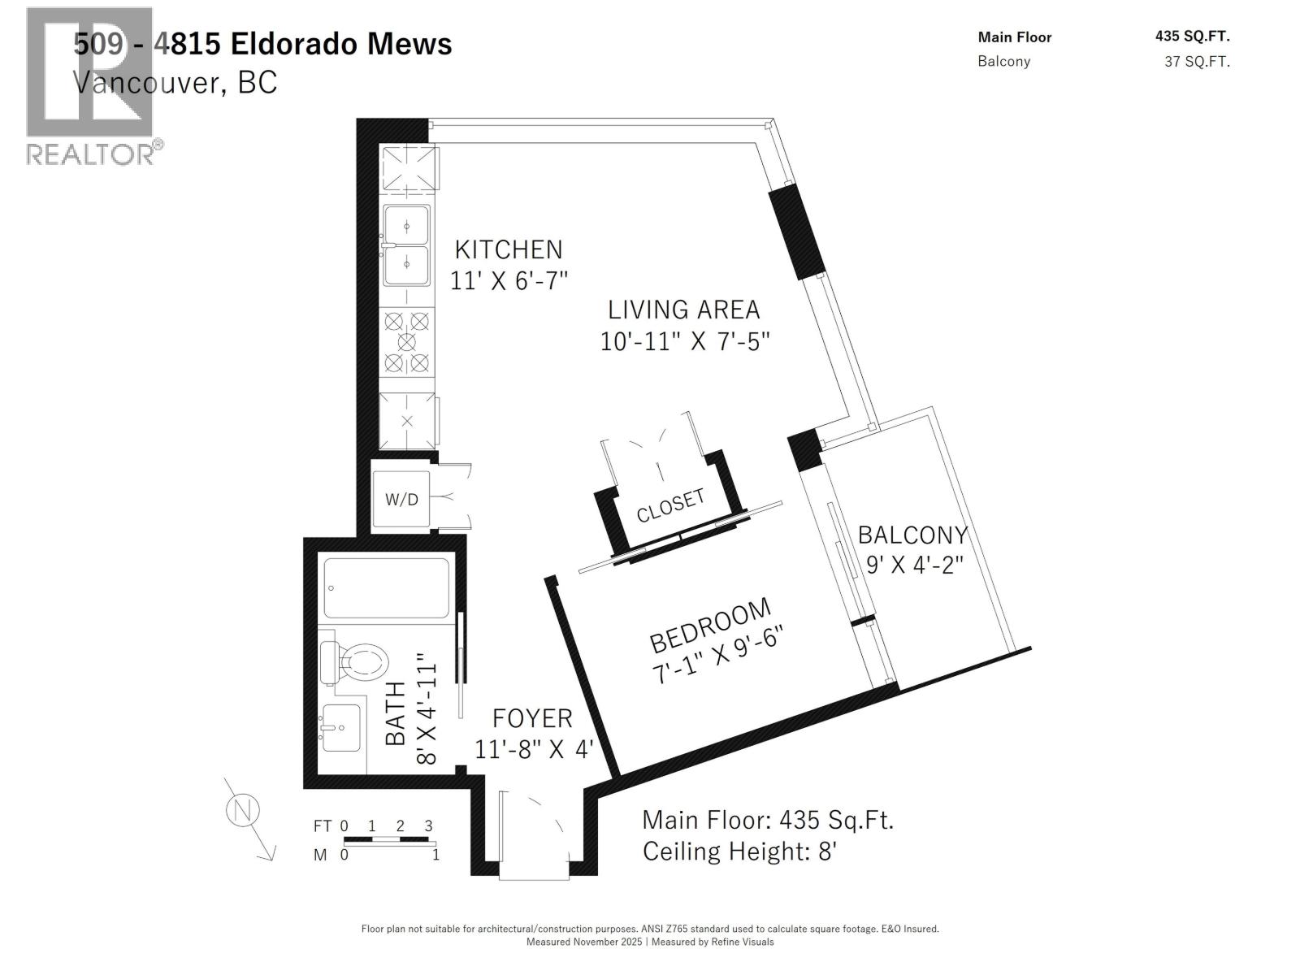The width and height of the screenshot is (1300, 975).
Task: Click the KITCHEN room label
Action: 508,249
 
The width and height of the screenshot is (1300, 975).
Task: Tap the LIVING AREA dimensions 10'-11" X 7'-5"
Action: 684,341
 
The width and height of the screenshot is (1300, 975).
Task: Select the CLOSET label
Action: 670,505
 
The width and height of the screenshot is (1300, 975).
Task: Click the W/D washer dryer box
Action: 401,499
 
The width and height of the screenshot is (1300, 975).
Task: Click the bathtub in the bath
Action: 386,587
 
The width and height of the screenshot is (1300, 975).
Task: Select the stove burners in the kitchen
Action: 407,342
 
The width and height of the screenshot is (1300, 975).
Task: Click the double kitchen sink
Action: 406,245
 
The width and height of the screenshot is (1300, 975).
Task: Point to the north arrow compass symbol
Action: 243,811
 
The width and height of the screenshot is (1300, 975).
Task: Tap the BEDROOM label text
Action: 710,625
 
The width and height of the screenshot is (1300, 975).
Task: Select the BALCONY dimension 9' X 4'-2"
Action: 914,564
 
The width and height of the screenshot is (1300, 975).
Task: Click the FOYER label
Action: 532,718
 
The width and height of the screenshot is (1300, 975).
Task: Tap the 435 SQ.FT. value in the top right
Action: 1192,36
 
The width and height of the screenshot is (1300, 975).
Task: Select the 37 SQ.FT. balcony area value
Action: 1197,62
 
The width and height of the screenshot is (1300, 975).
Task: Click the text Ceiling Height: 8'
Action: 739,851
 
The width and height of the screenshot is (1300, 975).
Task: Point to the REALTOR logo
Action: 91,85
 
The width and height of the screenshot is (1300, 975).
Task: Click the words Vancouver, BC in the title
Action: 175,82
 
